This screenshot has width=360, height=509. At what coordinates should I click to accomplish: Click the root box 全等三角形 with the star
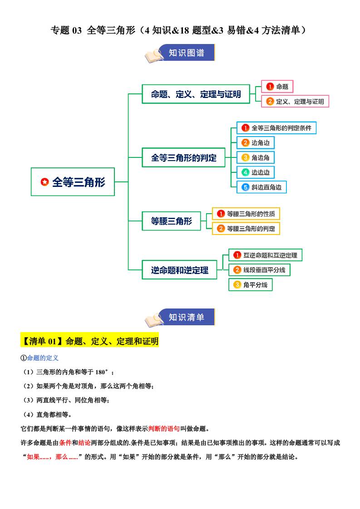click(x=73, y=182)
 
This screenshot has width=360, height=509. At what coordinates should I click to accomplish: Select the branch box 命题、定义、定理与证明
click(x=196, y=94)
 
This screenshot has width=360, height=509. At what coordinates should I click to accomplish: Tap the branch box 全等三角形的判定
click(x=183, y=158)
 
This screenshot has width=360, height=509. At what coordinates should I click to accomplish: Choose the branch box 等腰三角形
click(x=171, y=221)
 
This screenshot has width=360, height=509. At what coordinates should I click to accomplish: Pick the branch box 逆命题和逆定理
click(x=179, y=270)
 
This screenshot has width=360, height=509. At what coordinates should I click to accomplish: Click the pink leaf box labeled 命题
click(x=277, y=87)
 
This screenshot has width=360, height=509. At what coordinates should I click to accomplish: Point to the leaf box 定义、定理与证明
click(x=295, y=102)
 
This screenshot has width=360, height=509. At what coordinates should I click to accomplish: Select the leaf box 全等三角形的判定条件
click(x=276, y=128)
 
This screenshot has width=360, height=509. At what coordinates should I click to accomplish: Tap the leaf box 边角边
click(x=256, y=143)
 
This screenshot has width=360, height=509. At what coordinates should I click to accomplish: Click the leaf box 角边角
click(x=256, y=158)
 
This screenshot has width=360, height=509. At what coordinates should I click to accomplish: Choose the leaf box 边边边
click(x=256, y=172)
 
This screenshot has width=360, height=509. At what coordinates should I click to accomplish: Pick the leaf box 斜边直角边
click(x=261, y=187)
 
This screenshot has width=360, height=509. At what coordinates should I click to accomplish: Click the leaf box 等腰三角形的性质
click(x=246, y=214)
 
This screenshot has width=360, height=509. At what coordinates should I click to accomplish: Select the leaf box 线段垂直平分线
click(x=259, y=270)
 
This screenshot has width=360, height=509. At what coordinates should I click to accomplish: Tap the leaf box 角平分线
click(x=251, y=285)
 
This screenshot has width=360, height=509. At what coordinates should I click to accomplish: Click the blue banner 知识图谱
click(x=186, y=53)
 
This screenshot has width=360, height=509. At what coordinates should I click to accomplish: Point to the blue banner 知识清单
click(x=186, y=317)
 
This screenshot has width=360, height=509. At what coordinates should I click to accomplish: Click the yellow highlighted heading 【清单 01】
click(x=89, y=341)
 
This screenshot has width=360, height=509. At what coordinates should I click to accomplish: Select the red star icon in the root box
click(x=45, y=182)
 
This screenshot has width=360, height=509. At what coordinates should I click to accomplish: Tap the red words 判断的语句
click(x=164, y=429)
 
